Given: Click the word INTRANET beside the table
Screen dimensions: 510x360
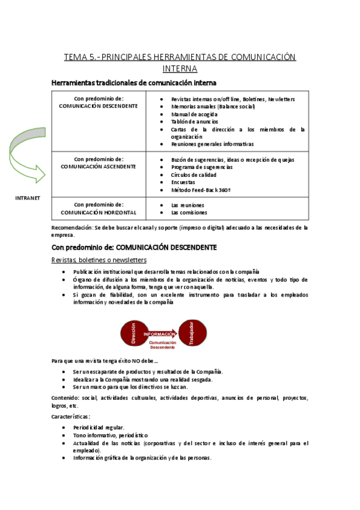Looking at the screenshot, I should pos(27,198).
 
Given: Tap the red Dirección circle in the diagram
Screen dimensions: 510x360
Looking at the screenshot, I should pos(133,334).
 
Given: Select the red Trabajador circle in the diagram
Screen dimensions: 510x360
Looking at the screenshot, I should pos(191,334).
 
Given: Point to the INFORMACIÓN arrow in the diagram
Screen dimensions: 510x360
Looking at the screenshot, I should pos(160,333).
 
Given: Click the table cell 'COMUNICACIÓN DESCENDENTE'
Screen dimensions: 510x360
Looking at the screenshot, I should pos(99,106).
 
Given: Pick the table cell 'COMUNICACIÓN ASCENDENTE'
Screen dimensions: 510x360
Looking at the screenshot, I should pos(99,167).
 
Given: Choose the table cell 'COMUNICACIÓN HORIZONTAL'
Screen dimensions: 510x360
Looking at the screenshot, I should pos(99,212).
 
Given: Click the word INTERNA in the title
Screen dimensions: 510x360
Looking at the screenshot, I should pos(180,69).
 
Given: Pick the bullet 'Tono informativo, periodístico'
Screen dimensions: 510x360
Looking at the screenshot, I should pos(111,435).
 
